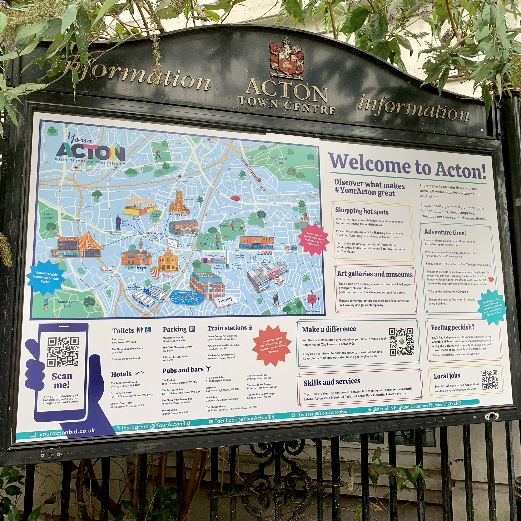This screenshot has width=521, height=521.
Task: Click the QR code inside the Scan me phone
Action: [63, 351]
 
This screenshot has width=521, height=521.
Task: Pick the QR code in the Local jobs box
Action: [490, 380]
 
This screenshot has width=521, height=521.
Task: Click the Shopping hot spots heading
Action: [362, 211]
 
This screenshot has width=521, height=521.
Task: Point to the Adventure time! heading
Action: [445, 232]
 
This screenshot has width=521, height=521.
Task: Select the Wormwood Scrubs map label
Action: [279, 160]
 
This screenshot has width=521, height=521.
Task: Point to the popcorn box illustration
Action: [155, 272]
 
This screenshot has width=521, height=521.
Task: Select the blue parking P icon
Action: [192, 329]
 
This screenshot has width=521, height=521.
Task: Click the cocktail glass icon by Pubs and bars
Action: [208, 369]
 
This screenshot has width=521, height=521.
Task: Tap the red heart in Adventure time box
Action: [491, 280]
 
